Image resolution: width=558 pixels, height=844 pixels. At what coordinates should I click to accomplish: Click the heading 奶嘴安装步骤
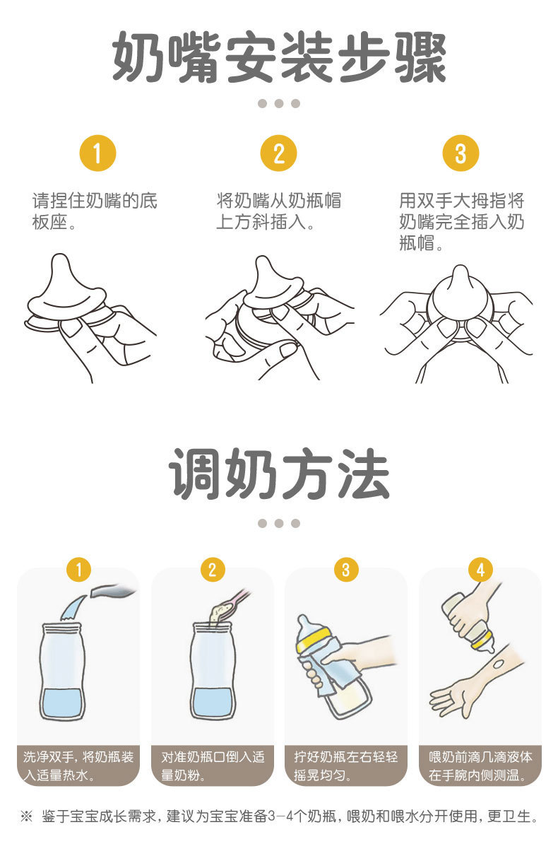(x=279, y=57)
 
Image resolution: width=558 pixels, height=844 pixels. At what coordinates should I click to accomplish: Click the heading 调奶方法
(x=279, y=474)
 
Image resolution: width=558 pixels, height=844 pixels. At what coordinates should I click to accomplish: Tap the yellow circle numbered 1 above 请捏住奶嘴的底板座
(x=97, y=153)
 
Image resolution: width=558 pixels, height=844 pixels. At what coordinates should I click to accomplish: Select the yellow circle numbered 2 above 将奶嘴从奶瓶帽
(x=279, y=153)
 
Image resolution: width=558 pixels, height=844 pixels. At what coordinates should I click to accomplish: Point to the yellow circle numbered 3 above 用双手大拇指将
(x=461, y=153)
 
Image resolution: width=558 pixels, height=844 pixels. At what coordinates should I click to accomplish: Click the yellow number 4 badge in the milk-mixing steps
(x=480, y=570)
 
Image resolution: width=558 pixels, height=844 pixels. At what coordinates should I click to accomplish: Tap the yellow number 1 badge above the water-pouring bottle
(x=78, y=570)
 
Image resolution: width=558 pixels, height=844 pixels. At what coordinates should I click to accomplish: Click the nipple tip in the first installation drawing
(x=60, y=261)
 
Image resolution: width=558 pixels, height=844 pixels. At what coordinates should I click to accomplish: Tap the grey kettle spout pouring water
(x=113, y=591)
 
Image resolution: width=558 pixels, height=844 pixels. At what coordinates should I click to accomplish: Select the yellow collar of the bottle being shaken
(x=313, y=640)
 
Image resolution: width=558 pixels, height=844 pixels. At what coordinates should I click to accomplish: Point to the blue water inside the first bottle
(x=63, y=703)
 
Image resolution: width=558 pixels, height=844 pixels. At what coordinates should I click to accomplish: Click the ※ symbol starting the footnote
(x=26, y=816)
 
